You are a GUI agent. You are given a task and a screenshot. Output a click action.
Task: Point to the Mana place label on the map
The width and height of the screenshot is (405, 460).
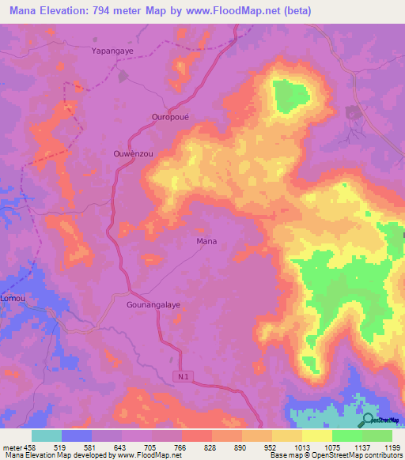pyautogui.click(x=206, y=241)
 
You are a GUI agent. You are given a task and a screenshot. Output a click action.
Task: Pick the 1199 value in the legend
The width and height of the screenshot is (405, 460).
pyautogui.click(x=391, y=447)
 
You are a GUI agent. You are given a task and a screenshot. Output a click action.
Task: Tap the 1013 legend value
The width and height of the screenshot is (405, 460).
pyautogui.click(x=301, y=447)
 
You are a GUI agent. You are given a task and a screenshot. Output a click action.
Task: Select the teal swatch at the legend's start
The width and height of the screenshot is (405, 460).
pyautogui.click(x=47, y=435)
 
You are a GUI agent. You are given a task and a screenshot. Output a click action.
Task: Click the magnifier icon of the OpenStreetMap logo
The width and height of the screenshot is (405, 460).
pyautogui.click(x=366, y=419)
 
